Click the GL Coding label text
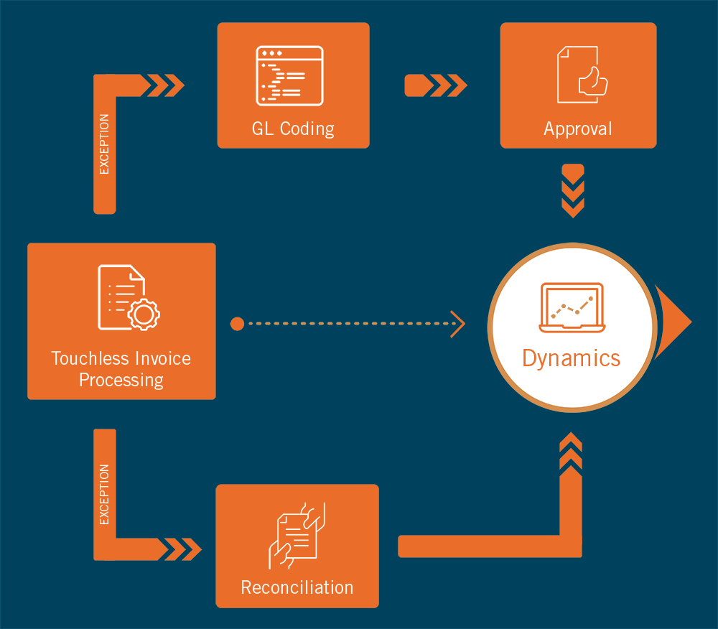293,129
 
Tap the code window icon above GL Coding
290,76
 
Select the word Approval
577,129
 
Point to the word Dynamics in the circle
571,358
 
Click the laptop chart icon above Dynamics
572,308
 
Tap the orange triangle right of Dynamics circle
673,321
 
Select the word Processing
121,380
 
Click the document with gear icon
129,297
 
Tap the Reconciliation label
297,587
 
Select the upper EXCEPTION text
104,144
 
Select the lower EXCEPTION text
104,495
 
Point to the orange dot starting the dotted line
237,324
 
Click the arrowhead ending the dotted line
457,324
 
